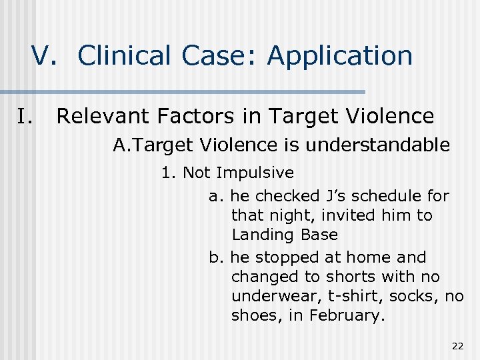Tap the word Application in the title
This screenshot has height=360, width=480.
(340, 57)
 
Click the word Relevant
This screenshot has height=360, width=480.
(103, 117)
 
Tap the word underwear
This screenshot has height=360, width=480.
(269, 296)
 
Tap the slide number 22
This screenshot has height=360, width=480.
(457, 346)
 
